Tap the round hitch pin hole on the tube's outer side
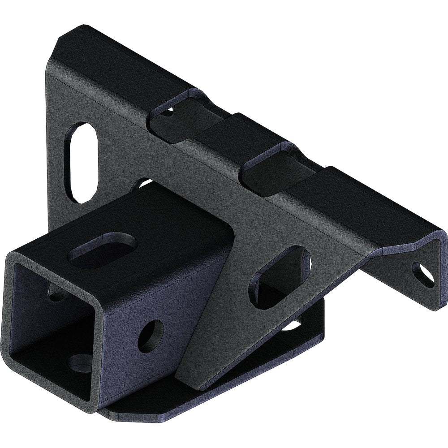click(x=151, y=336)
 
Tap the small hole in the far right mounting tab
click(x=423, y=274)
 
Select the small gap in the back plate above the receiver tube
click(x=141, y=184)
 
